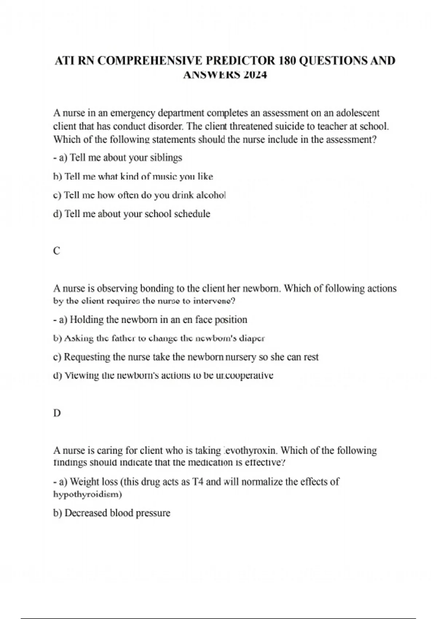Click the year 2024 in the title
click(x=255, y=75)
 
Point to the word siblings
click(x=166, y=158)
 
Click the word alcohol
click(x=211, y=195)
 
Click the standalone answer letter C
click(x=56, y=251)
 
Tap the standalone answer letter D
click(x=57, y=413)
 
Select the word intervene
click(x=214, y=301)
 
